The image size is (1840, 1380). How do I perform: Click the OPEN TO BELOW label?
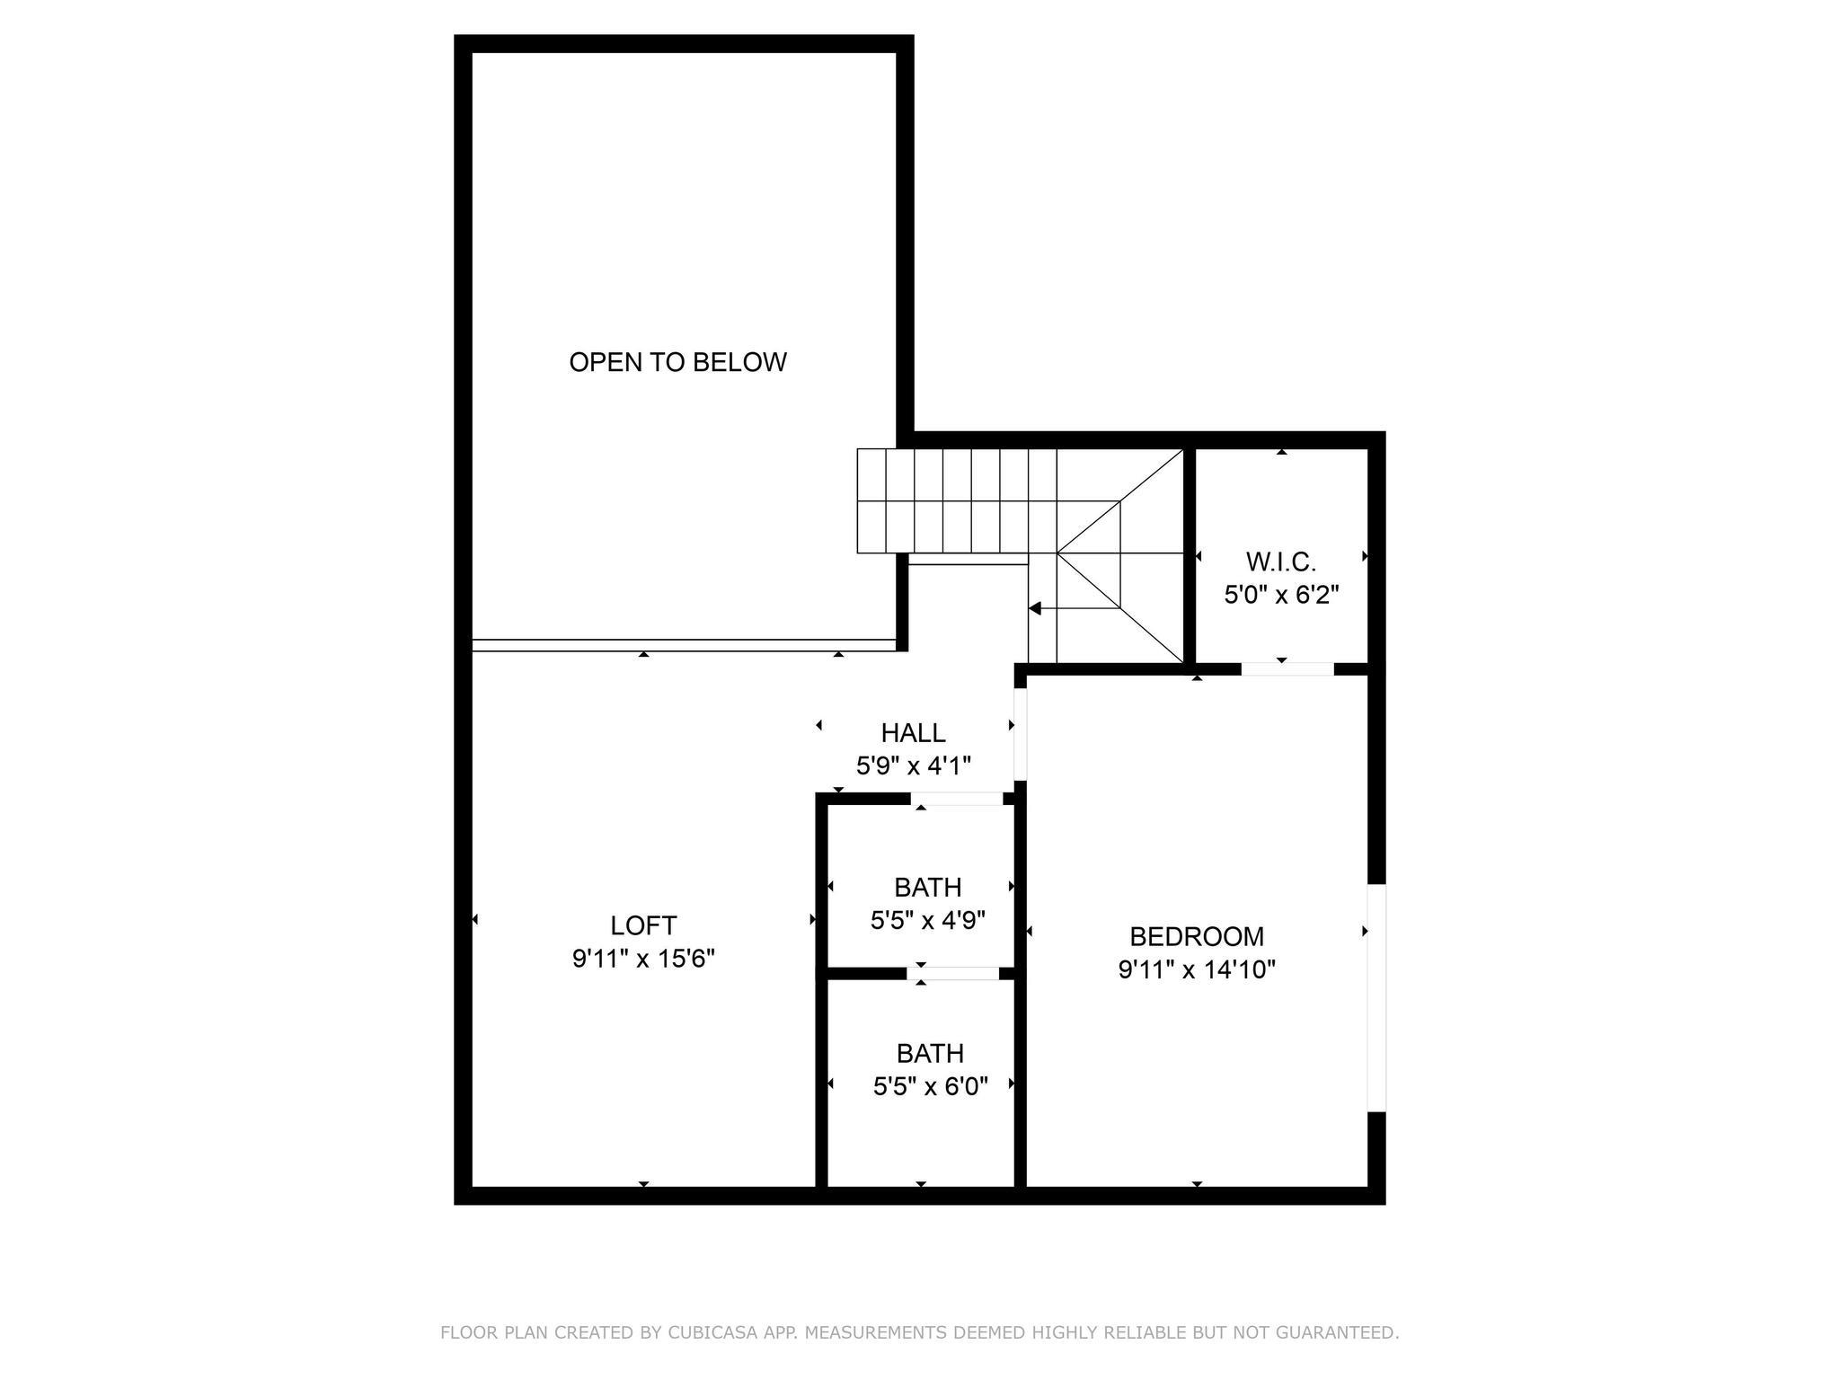pyautogui.click(x=677, y=362)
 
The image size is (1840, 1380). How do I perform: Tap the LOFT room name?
pyautogui.click(x=643, y=925)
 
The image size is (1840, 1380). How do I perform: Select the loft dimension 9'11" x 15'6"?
pyautogui.click(x=643, y=960)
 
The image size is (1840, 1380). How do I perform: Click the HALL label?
pyautogui.click(x=913, y=733)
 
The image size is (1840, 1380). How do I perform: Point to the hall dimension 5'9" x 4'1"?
pyautogui.click(x=913, y=766)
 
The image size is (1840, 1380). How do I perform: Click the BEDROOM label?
pyautogui.click(x=1197, y=937)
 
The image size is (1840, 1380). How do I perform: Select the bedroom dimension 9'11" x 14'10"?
pyautogui.click(x=1197, y=970)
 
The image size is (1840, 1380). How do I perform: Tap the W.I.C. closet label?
pyautogui.click(x=1281, y=562)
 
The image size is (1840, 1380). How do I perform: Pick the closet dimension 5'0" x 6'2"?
pyautogui.click(x=1281, y=595)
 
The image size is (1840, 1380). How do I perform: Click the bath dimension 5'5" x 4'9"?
pyautogui.click(x=928, y=920)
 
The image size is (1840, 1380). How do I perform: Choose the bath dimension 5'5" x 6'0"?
pyautogui.click(x=931, y=1087)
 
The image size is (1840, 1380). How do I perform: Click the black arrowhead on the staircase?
pyautogui.click(x=1035, y=608)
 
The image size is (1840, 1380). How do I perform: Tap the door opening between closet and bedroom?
pyautogui.click(x=1287, y=668)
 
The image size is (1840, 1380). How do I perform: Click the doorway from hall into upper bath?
pyautogui.click(x=957, y=799)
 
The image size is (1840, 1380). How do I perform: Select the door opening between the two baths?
pyautogui.click(x=952, y=973)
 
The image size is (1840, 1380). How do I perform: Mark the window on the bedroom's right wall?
pyautogui.click(x=1376, y=997)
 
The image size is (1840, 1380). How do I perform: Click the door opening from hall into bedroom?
pyautogui.click(x=1020, y=734)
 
